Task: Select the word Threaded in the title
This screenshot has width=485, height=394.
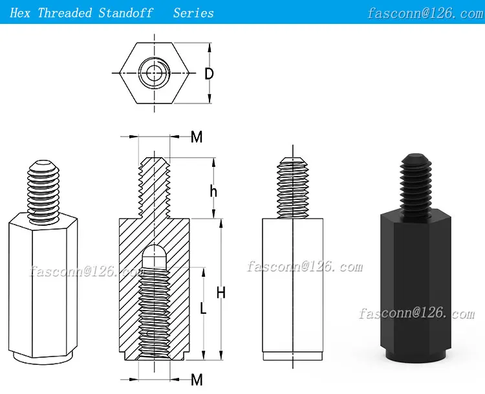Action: pyautogui.click(x=65, y=12)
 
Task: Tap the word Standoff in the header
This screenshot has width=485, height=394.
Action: pyautogui.click(x=126, y=12)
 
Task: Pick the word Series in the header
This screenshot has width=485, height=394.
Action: pyautogui.click(x=193, y=12)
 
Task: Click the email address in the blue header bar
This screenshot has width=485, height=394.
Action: pyautogui.click(x=425, y=13)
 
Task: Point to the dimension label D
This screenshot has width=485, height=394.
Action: pyautogui.click(x=209, y=74)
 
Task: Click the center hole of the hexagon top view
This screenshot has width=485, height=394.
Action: pyautogui.click(x=154, y=72)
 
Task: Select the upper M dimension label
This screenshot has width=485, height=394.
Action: pyautogui.click(x=197, y=137)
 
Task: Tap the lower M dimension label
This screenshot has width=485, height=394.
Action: pyautogui.click(x=197, y=378)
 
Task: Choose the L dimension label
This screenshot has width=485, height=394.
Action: pyautogui.click(x=203, y=309)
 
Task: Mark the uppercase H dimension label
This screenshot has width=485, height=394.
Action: pyautogui.click(x=221, y=293)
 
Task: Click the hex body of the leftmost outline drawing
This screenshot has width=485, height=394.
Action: pyautogui.click(x=43, y=285)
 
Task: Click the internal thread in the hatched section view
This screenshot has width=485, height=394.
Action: pyautogui.click(x=154, y=311)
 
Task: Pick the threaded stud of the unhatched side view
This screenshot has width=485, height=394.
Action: pyautogui.click(x=293, y=188)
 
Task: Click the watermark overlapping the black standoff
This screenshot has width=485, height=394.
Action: pyautogui.click(x=416, y=314)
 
